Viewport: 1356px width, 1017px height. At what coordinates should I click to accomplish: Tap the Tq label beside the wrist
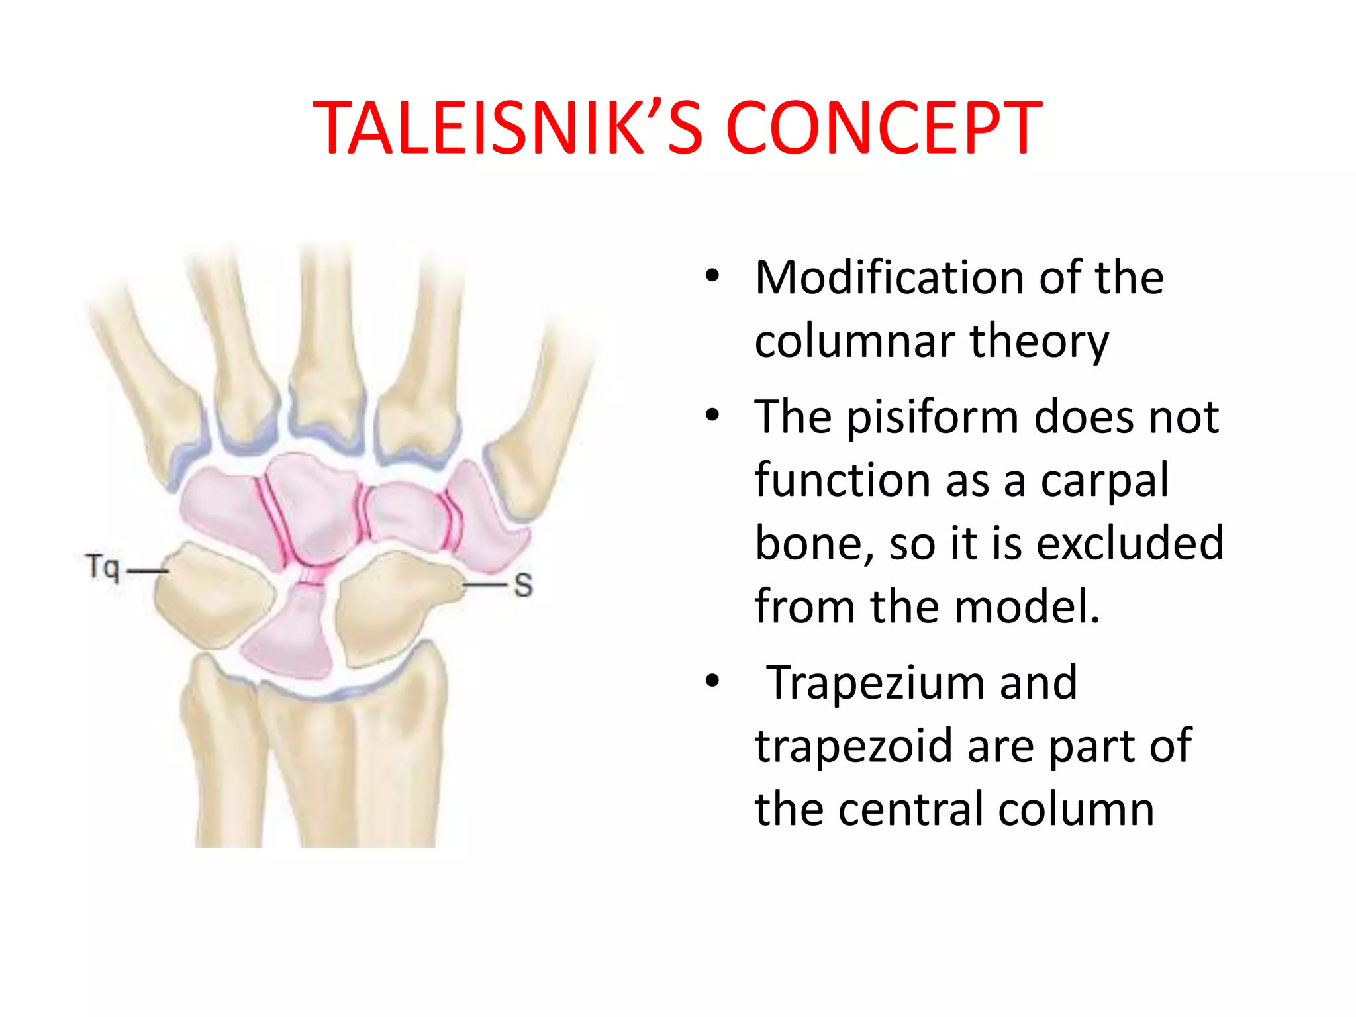pos(103,568)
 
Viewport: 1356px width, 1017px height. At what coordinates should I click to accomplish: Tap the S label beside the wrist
pos(523,585)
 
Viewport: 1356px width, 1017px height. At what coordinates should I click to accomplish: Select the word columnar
pos(854,342)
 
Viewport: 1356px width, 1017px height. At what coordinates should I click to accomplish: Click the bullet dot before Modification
pos(712,277)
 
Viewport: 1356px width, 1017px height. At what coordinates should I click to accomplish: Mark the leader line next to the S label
pos(485,585)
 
